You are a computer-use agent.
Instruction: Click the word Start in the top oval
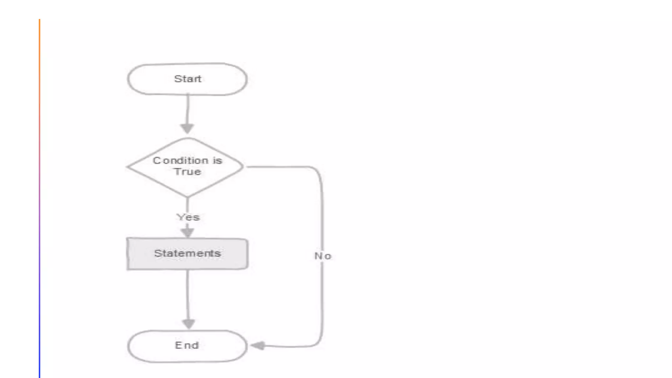[187, 79]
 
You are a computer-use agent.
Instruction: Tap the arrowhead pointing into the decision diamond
[187, 128]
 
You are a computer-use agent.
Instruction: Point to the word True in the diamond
[187, 172]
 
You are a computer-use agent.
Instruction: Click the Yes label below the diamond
[188, 217]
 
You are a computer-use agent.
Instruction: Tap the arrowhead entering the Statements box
[187, 232]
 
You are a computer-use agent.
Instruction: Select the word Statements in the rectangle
[187, 253]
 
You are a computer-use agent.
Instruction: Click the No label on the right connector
[323, 256]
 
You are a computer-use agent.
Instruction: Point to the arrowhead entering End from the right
[258, 346]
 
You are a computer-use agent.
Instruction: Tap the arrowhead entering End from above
[188, 324]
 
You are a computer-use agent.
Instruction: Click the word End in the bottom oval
[187, 345]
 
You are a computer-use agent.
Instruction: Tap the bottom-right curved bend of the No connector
[318, 342]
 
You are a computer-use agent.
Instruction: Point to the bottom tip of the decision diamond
[187, 197]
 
